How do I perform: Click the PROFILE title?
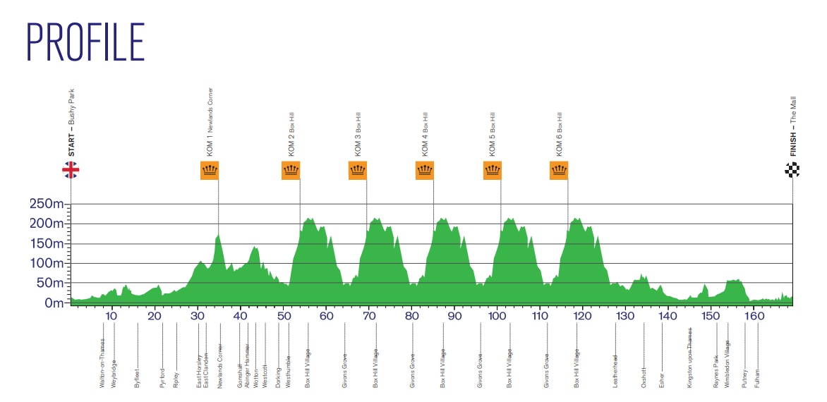pyautogui.click(x=85, y=42)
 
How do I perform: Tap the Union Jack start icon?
pyautogui.click(x=71, y=170)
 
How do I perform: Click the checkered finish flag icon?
pyautogui.click(x=792, y=170)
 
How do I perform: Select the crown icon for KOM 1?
pyautogui.click(x=210, y=170)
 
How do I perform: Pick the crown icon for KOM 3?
pyautogui.click(x=358, y=170)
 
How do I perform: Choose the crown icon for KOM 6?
pyautogui.click(x=559, y=170)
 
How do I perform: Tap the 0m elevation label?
pyautogui.click(x=55, y=303)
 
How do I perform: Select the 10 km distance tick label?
pyautogui.click(x=111, y=317)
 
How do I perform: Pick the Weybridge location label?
pyautogui.click(x=114, y=374)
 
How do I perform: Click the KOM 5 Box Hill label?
pyautogui.click(x=492, y=133)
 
